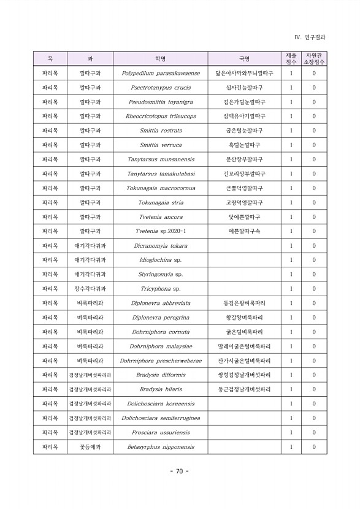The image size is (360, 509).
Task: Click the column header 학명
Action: tap(161, 59)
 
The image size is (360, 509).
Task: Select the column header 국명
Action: tap(244, 59)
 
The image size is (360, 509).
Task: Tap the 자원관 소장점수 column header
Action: tap(314, 59)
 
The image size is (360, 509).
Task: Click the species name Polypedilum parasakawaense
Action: tap(161, 74)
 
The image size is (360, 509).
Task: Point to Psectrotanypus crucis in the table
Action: tap(161, 88)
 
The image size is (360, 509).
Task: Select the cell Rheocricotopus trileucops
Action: tap(161, 117)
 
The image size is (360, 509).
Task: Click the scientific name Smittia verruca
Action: tap(161, 145)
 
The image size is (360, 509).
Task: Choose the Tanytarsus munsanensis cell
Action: tap(161, 159)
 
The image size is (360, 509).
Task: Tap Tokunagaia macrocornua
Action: tap(161, 188)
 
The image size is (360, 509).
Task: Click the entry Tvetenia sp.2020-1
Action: tap(161, 231)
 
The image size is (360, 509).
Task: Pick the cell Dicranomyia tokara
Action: tap(161, 246)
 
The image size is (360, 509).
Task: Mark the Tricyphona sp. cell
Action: tap(161, 289)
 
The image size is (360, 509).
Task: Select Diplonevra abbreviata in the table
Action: tap(161, 303)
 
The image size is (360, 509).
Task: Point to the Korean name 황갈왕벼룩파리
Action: tap(244, 318)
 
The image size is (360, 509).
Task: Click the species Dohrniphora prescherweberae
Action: tap(161, 361)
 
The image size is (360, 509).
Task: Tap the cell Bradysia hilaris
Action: tap(161, 389)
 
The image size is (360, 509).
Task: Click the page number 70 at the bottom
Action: tap(179, 472)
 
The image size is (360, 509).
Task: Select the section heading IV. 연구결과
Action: tap(310, 37)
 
